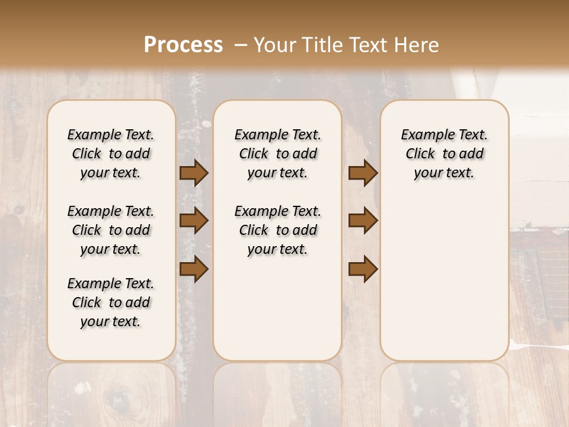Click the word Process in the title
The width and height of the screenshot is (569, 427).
click(183, 45)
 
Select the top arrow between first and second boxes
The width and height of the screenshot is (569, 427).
click(194, 173)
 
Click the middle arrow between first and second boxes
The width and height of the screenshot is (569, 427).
click(194, 221)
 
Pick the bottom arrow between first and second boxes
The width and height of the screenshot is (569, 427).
click(194, 269)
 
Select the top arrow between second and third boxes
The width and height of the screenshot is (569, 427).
click(363, 173)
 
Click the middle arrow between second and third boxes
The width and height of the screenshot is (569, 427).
click(363, 221)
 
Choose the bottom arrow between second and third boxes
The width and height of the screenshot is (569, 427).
click(363, 269)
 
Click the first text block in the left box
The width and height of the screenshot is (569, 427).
click(111, 154)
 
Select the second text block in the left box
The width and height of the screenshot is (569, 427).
click(111, 230)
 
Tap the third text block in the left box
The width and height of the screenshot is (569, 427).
click(111, 302)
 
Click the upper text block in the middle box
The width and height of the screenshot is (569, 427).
click(277, 154)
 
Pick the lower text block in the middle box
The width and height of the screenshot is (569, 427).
click(277, 230)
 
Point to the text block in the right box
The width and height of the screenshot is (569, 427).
click(444, 154)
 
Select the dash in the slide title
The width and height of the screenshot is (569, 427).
click(241, 45)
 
